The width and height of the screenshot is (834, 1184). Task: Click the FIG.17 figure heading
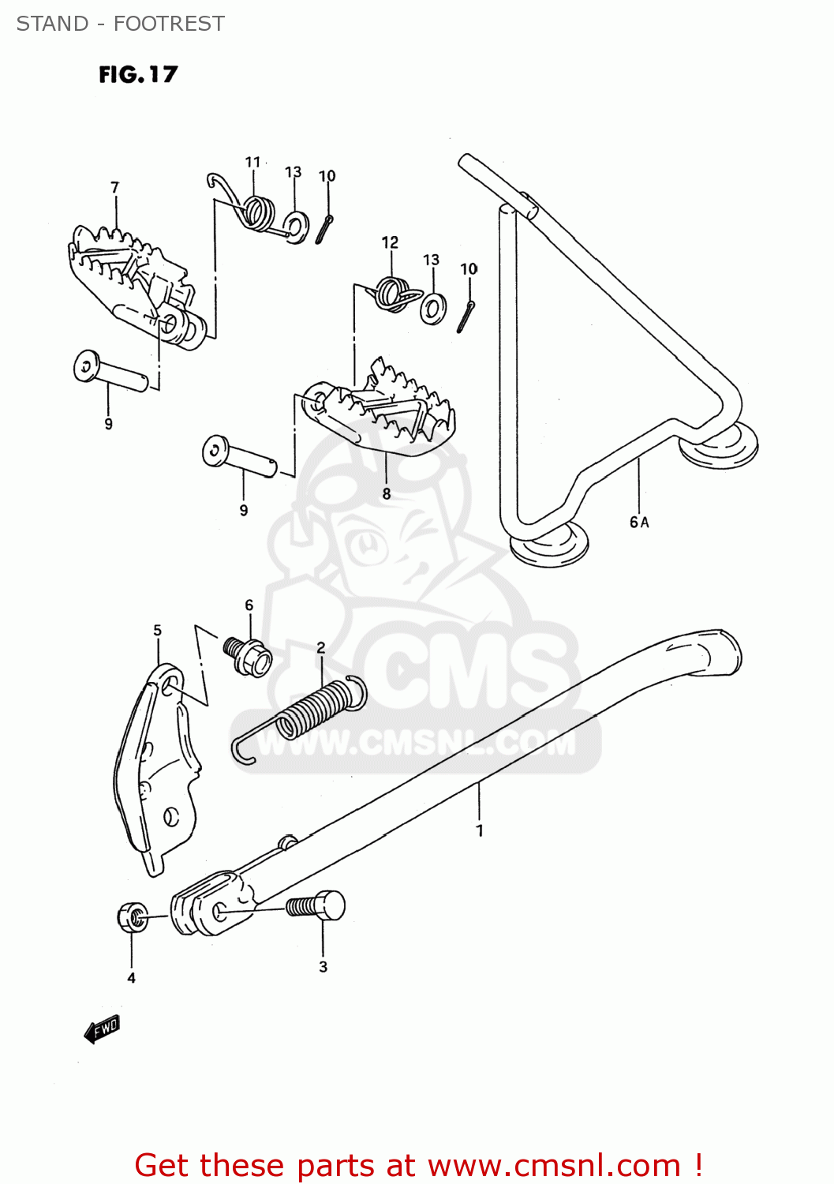[x=138, y=74]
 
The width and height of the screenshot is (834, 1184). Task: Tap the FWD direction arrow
[x=102, y=1029]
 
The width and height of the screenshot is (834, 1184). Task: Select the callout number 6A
[x=639, y=522]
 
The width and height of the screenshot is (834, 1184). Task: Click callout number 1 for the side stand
[x=480, y=830]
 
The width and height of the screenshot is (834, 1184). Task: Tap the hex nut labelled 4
[x=131, y=917]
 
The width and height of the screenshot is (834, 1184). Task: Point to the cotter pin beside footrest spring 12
[x=466, y=316]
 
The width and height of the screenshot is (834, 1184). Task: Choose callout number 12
[x=390, y=242]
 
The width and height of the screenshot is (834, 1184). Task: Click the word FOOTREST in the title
[x=169, y=24]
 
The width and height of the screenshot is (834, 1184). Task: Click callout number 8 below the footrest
[x=386, y=493]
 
